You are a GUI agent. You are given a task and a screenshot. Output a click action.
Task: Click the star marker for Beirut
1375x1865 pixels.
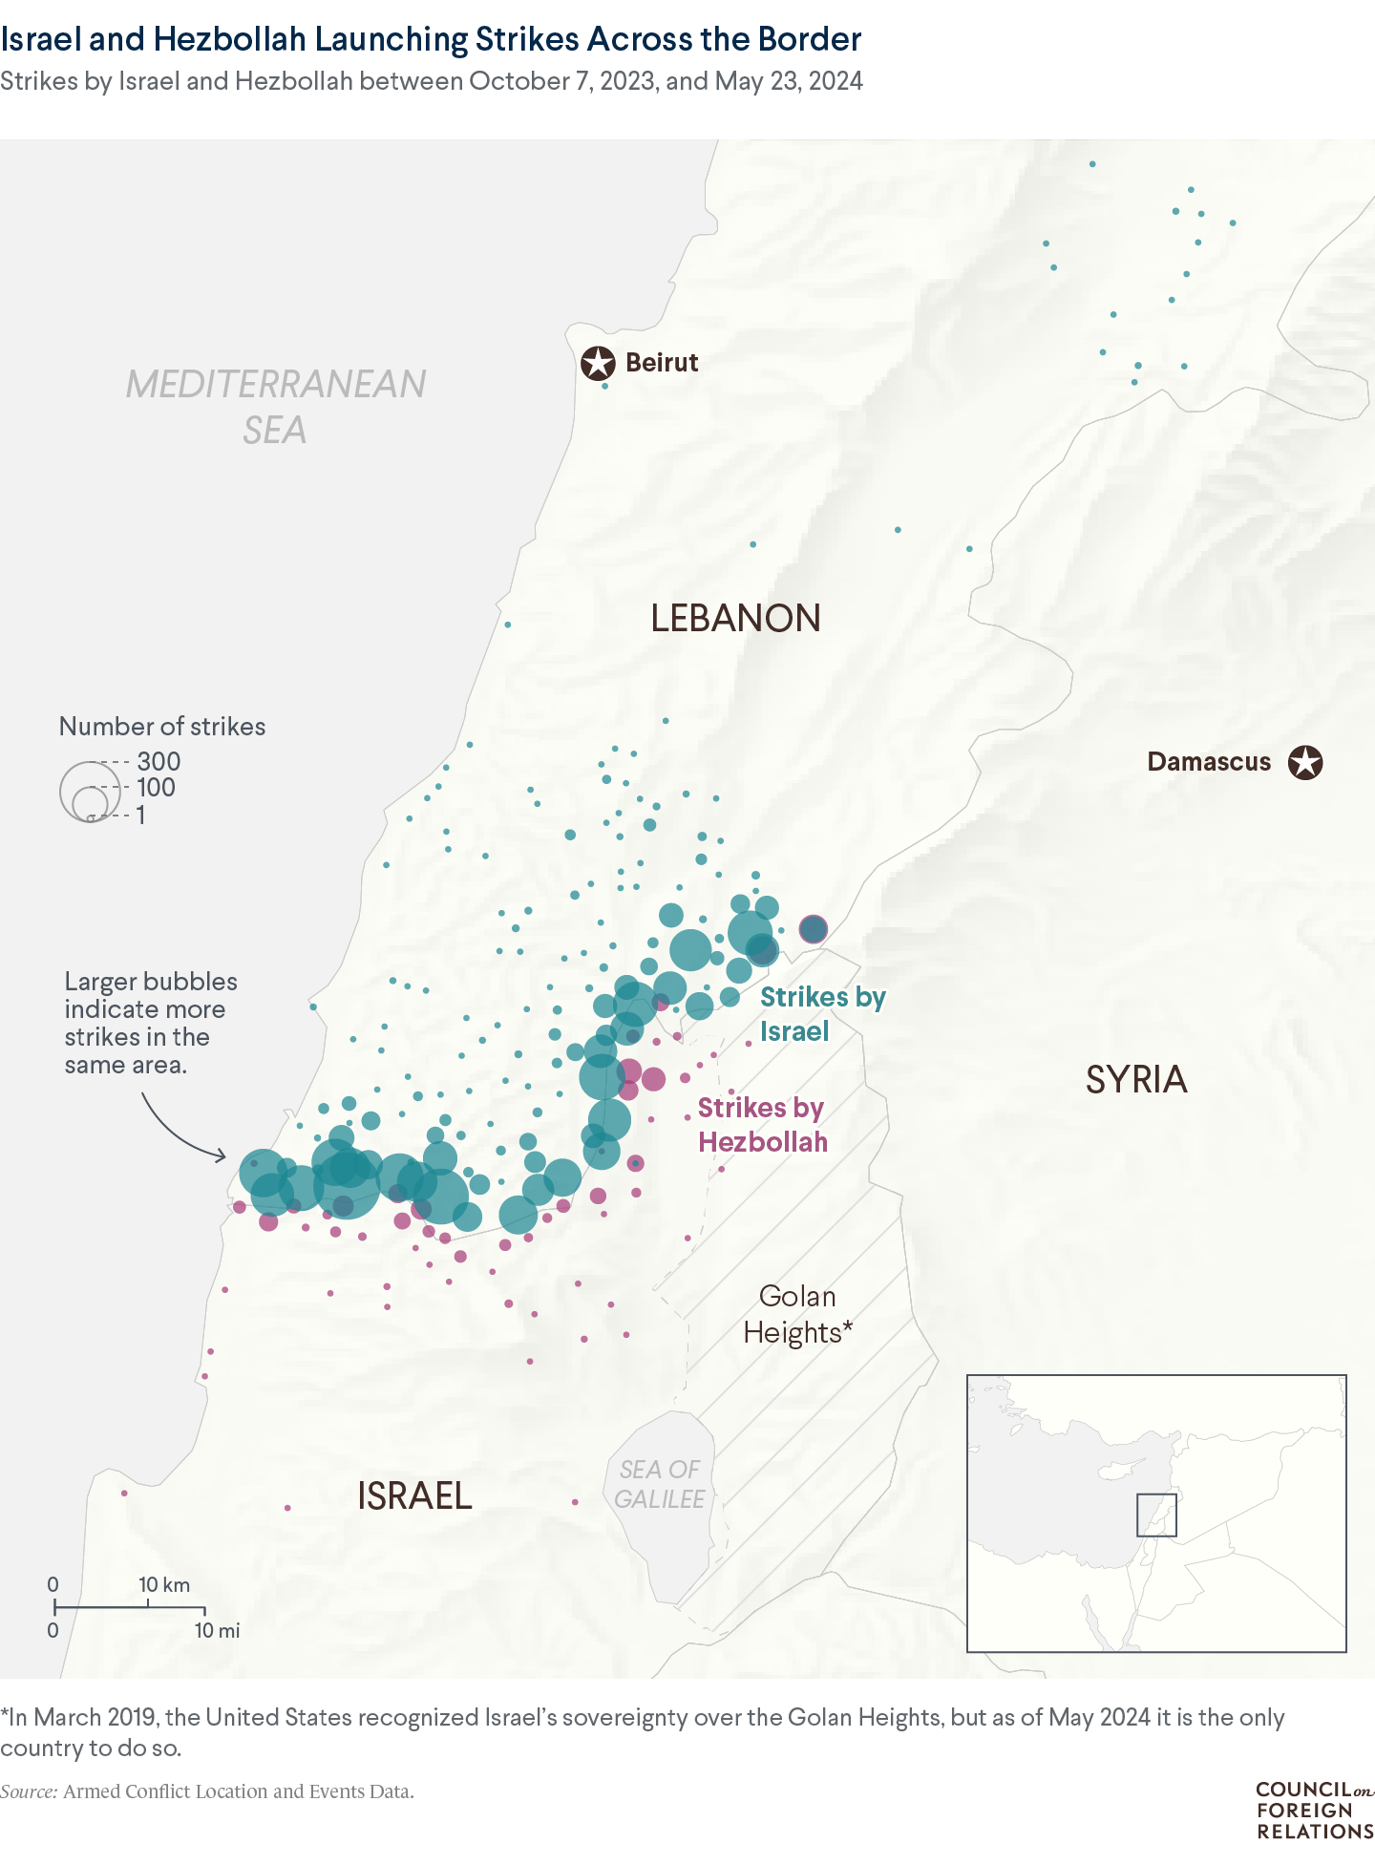598,363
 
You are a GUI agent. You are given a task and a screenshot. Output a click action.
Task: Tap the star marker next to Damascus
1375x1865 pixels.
1305,762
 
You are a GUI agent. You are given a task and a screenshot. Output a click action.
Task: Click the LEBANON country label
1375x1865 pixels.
735,619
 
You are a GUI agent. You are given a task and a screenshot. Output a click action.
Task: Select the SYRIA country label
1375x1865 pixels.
1136,1080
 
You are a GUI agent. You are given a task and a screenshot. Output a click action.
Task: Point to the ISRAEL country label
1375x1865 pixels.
414,1495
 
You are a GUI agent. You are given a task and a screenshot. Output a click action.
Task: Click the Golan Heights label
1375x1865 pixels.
797,1314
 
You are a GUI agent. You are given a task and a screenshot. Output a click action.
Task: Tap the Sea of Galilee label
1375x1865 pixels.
660,1484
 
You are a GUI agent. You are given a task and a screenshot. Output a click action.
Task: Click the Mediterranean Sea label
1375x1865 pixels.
276,407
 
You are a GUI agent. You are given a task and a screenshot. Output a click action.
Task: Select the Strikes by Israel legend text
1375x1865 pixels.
822,1014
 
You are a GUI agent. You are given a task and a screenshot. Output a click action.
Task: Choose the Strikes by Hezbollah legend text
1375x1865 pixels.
762,1125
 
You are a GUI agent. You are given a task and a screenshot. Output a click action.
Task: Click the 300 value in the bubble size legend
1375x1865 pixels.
159,761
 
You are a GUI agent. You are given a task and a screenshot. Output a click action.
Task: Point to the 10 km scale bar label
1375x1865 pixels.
164,1585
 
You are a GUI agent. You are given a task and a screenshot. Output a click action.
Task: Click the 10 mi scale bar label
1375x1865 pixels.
217,1631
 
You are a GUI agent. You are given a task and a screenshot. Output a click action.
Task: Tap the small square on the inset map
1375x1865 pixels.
1156,1515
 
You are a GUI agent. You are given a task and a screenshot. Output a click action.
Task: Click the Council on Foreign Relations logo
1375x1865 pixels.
1314,1810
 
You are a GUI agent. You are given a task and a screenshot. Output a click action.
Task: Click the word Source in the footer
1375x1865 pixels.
29,1791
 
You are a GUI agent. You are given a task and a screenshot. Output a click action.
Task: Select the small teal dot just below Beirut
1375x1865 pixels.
604,386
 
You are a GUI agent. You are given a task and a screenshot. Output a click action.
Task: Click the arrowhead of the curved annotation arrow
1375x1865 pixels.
222,1156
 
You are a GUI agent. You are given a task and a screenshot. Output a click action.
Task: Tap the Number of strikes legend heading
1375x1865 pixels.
162,726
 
